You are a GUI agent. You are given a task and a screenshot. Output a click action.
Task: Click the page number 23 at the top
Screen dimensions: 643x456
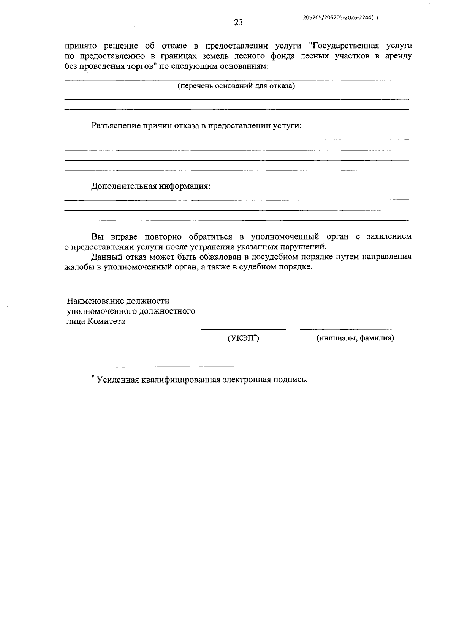[238, 22]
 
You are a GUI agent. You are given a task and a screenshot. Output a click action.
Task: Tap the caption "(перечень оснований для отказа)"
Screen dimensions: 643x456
[236, 86]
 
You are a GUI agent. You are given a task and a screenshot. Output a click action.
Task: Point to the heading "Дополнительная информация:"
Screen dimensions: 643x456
[150, 186]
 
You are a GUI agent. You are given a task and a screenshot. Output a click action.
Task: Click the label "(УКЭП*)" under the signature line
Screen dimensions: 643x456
[243, 338]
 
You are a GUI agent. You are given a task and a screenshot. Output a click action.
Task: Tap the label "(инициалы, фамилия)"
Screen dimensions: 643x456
[355, 338]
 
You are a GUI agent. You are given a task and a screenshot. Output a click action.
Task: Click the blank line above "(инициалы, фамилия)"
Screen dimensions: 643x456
[355, 329]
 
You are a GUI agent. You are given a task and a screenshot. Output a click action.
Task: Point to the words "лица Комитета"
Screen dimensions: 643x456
[96, 321]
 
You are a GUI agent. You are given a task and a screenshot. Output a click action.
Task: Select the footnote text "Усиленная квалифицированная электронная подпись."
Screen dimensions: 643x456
[202, 380]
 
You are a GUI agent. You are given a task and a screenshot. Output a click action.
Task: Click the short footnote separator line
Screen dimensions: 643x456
[163, 367]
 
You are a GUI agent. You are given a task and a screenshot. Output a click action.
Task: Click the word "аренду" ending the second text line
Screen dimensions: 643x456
[397, 56]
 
